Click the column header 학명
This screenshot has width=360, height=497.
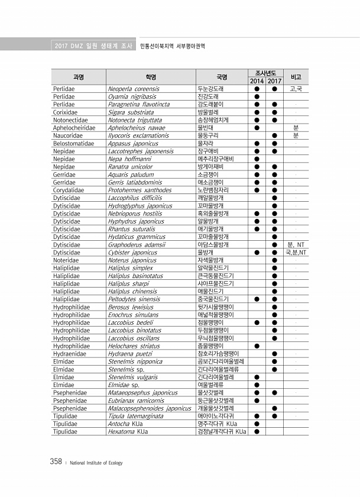151,77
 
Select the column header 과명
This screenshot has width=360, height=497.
78,77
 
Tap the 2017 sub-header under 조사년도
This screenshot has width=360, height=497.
274,81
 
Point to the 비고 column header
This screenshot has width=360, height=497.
296,77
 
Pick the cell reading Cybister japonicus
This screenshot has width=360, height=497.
128,252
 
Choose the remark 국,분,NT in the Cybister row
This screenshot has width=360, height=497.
296,252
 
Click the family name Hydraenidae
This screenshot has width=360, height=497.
71,353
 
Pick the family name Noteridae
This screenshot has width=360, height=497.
66,260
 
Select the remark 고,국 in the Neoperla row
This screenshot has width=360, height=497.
296,89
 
